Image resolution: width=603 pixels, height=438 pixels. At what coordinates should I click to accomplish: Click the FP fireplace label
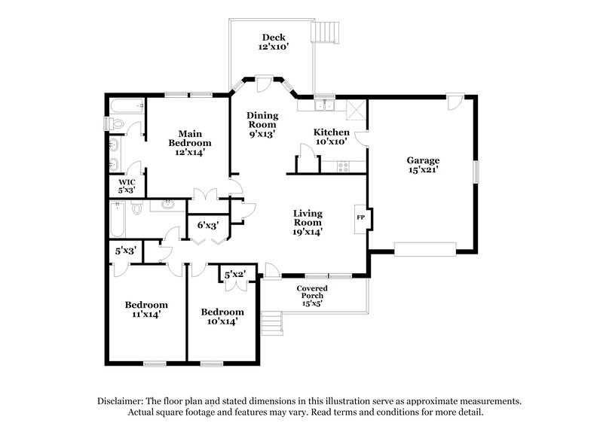(x=360, y=217)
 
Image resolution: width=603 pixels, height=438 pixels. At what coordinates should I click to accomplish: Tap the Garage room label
(x=423, y=165)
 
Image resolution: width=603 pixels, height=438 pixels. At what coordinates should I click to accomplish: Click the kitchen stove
(x=342, y=166)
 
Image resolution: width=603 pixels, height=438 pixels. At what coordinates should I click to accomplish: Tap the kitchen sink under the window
(x=326, y=105)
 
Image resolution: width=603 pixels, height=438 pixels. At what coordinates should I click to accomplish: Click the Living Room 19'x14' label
(x=308, y=223)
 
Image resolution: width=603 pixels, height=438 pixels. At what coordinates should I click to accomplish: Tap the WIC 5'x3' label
(x=126, y=185)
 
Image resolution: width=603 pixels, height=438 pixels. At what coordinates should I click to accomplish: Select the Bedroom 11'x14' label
(x=146, y=309)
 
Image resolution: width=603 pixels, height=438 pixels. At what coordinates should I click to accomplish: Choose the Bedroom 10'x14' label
(x=222, y=316)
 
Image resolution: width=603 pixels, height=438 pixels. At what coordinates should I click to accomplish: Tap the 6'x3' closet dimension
(x=208, y=225)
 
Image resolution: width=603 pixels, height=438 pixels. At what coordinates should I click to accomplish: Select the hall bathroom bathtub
(x=117, y=218)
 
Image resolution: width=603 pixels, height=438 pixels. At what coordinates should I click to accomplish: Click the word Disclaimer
(x=122, y=401)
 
